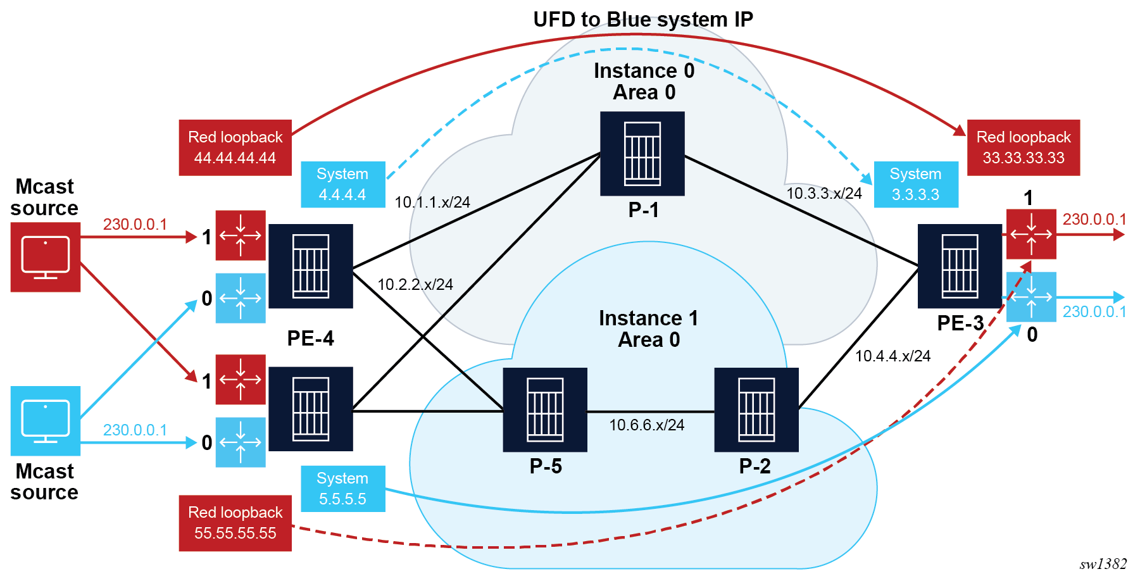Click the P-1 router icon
(x=642, y=154)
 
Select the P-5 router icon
(x=545, y=409)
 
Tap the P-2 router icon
(x=756, y=409)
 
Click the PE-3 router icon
(x=960, y=266)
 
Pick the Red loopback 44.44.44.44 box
(x=235, y=147)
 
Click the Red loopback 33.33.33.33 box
(x=1023, y=147)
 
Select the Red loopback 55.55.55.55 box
(x=235, y=523)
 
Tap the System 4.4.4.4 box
(x=342, y=184)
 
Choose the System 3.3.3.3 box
(x=915, y=184)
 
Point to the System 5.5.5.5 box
(x=342, y=489)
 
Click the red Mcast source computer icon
(x=46, y=257)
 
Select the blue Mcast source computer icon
(x=46, y=421)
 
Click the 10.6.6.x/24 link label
(x=646, y=425)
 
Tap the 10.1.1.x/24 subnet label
(x=432, y=203)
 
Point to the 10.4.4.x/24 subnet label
(x=893, y=356)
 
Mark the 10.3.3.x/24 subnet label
(x=824, y=194)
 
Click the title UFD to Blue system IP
(x=642, y=20)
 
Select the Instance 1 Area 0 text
(x=649, y=328)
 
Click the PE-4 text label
(x=310, y=339)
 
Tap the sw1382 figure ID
(x=1103, y=564)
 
